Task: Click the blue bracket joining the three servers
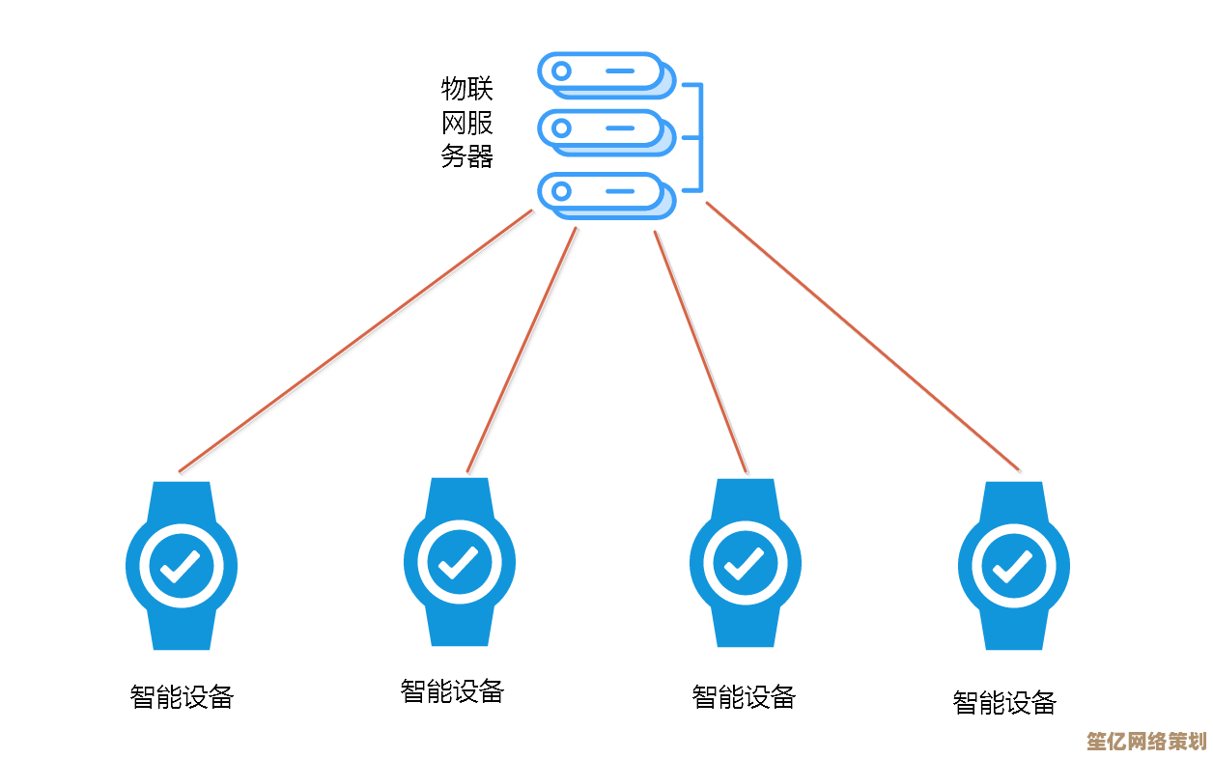coord(699,137)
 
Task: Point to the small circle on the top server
coord(559,70)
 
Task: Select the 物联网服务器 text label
coord(467,124)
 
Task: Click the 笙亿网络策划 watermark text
coord(1146,742)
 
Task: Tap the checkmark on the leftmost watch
coord(181,566)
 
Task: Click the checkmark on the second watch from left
coord(459,562)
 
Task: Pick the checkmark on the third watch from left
coord(745,563)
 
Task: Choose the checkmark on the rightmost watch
coord(1013,566)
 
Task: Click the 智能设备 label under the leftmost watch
coord(182,696)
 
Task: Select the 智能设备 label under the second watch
coord(452,690)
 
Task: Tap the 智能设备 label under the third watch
coord(744,696)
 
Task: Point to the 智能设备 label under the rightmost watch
coord(1004,702)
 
